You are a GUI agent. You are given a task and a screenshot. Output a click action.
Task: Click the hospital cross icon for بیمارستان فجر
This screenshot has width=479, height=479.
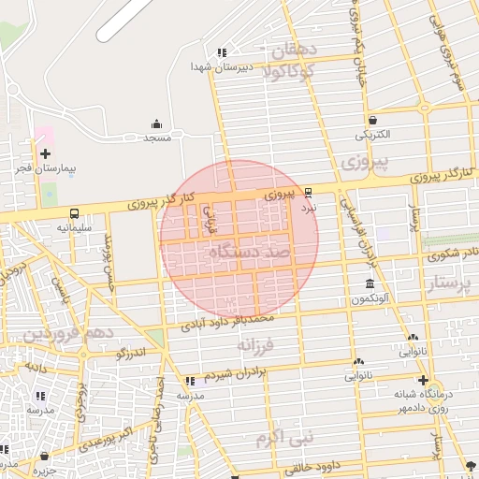click(x=45, y=152)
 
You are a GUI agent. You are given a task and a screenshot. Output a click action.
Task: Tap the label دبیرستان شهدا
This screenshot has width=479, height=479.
click(x=217, y=66)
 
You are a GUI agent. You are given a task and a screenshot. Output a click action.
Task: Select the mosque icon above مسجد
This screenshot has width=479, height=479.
click(x=155, y=123)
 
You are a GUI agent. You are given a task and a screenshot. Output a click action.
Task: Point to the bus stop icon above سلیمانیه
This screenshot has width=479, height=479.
click(x=73, y=212)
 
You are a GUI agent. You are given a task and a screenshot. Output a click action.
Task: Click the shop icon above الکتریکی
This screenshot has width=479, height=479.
click(x=373, y=120)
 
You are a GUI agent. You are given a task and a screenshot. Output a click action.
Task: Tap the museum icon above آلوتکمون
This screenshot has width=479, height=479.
click(x=370, y=283)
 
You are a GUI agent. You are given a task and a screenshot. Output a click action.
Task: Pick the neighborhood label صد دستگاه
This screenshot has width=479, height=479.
click(x=253, y=254)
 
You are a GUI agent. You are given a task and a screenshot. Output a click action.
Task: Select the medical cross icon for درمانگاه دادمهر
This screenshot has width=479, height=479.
click(x=424, y=381)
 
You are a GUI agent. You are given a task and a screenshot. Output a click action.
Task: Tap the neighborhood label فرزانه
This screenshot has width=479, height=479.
click(x=258, y=345)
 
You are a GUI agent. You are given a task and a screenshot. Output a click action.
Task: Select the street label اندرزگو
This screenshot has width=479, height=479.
click(x=130, y=355)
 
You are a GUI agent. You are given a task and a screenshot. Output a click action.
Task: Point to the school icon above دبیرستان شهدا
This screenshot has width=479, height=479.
click(x=222, y=53)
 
